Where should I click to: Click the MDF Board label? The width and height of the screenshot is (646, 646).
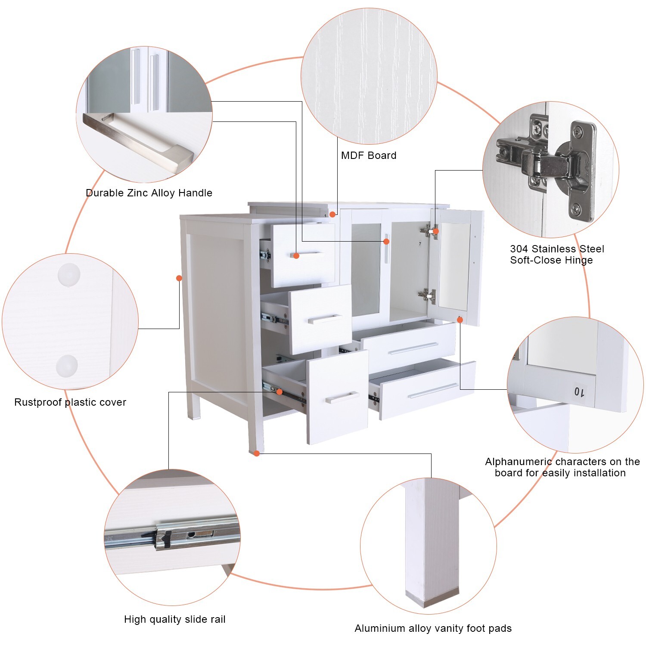(x=369, y=155)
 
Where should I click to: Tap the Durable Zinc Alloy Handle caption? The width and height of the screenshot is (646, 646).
(x=149, y=193)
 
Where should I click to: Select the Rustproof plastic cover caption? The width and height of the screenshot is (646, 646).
(x=70, y=402)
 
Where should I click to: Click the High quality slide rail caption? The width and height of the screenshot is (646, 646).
(x=175, y=619)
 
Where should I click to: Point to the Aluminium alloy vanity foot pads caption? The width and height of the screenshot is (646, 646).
(x=433, y=628)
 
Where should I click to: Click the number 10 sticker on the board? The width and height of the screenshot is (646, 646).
(x=579, y=392)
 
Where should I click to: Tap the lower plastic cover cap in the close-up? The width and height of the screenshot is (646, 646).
(x=67, y=366)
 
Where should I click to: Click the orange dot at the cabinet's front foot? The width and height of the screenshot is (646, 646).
(x=257, y=453)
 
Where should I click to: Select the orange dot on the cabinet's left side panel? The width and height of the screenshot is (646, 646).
(x=179, y=278)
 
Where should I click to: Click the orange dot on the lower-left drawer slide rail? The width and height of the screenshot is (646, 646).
(x=280, y=391)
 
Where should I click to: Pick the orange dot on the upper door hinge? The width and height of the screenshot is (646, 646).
(x=435, y=231)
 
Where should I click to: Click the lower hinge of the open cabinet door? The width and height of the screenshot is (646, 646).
(x=427, y=296)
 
